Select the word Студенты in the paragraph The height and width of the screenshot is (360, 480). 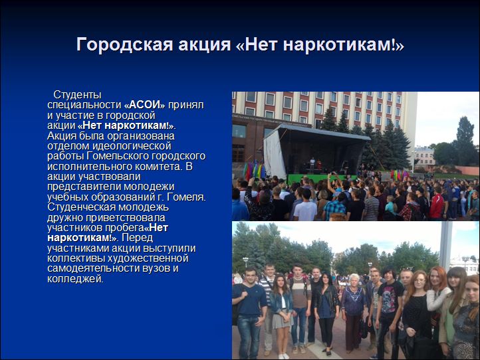pyautogui.click(x=77, y=94)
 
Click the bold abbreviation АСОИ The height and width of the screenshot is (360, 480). pyautogui.click(x=144, y=104)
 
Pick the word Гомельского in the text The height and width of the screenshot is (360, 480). pyautogui.click(x=118, y=156)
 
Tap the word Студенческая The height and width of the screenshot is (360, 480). pyautogui.click(x=81, y=207)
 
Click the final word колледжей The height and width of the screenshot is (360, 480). pyautogui.click(x=75, y=279)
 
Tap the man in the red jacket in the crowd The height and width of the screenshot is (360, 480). pyautogui.click(x=437, y=203)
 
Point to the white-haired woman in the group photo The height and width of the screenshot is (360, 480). pyautogui.click(x=353, y=312)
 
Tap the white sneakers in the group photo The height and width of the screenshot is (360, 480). pyautogui.click(x=284, y=356)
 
